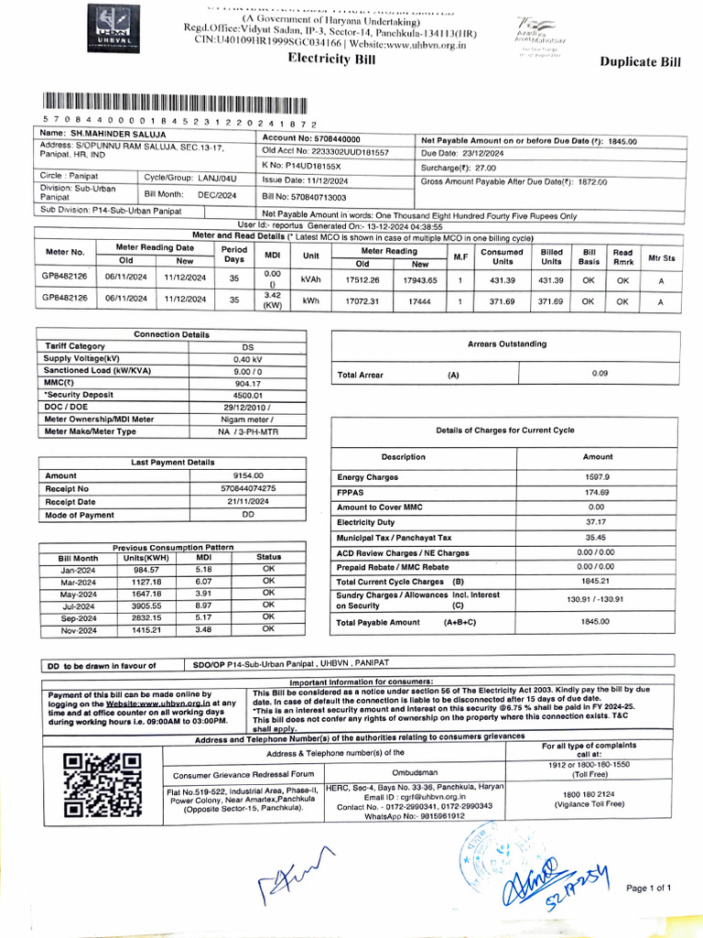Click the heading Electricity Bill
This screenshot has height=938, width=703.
[330, 59]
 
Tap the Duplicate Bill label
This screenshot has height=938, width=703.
[640, 62]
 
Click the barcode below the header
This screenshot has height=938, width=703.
[173, 103]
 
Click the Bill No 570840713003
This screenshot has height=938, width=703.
[305, 196]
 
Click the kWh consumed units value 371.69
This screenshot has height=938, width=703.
[502, 300]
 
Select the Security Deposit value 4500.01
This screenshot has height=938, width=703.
[248, 396]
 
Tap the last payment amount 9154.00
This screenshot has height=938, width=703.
[248, 475]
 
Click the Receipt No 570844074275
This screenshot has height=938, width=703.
[248, 488]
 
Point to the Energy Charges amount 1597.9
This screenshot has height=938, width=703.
[597, 477]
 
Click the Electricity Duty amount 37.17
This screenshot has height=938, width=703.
[597, 521]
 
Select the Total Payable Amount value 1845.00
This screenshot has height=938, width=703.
[597, 622]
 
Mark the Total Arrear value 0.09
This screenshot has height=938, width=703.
[599, 373]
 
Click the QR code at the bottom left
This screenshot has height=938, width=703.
[103, 784]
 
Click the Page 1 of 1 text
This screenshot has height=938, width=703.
[649, 888]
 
